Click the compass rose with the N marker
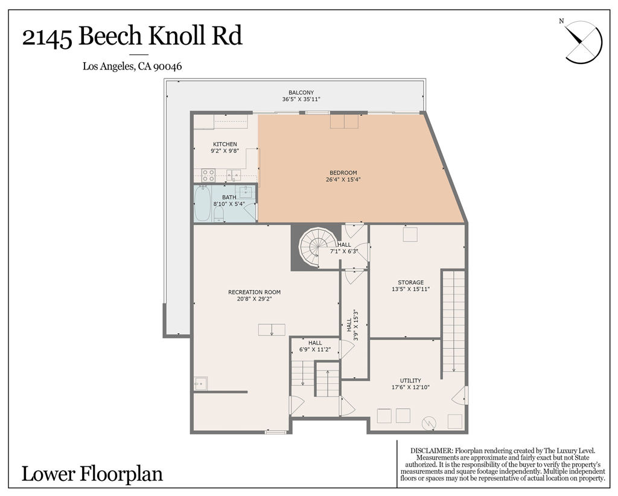tap(583, 41)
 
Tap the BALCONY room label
tap(301, 92)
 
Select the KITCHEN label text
tap(225, 144)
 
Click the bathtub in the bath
tap(203, 203)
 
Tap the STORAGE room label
tap(410, 282)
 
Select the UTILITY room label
tap(410, 380)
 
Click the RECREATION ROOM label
tap(254, 292)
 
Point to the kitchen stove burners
tap(208, 175)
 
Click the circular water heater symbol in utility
tap(429, 422)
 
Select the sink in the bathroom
tap(246, 192)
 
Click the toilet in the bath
tap(218, 214)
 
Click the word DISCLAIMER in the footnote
tap(431, 451)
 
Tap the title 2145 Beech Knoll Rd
tap(132, 37)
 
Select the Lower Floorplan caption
tap(92, 474)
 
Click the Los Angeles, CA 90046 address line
tap(132, 67)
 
